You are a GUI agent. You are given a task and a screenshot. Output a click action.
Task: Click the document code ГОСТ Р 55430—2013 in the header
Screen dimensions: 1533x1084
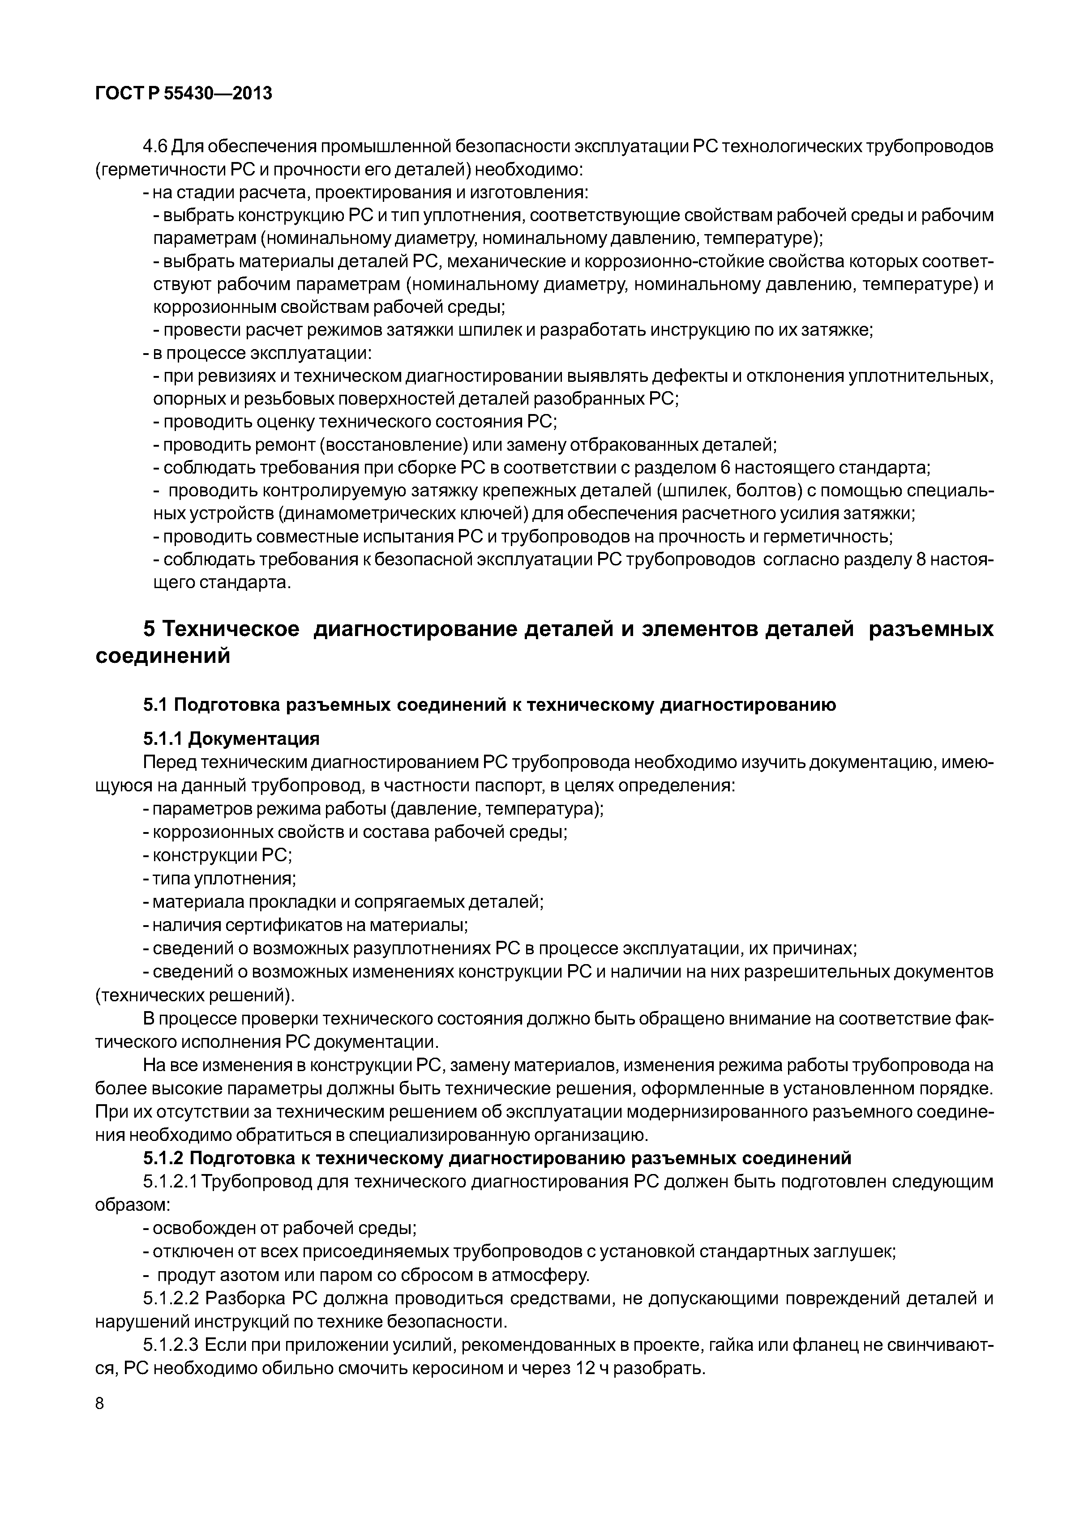click(x=184, y=94)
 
